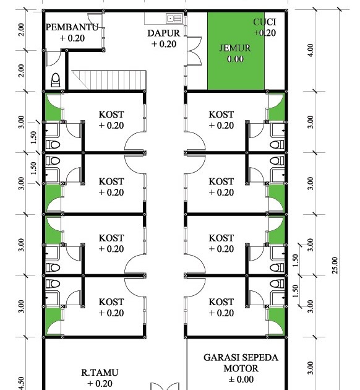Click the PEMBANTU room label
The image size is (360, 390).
72,27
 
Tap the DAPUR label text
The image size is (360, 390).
163,33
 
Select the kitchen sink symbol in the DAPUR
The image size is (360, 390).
174,19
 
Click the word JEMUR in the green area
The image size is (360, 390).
235,48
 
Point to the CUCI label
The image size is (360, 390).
265,22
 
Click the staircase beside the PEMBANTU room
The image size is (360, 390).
109,80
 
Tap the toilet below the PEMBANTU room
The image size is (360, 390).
56,80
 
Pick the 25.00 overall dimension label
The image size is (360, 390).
335,266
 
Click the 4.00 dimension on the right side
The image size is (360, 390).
311,50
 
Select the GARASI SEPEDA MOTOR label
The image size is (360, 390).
241,363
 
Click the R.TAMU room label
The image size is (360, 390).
100,372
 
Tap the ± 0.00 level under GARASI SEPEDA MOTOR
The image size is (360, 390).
241,379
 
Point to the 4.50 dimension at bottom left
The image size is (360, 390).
22,383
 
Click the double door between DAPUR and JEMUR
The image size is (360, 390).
194,51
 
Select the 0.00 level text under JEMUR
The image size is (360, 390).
235,59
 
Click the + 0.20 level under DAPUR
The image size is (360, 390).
164,44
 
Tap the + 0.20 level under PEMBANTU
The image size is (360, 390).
72,38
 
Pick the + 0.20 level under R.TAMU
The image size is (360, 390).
100,383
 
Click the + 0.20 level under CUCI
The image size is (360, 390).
265,33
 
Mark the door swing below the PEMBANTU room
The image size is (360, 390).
54,59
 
